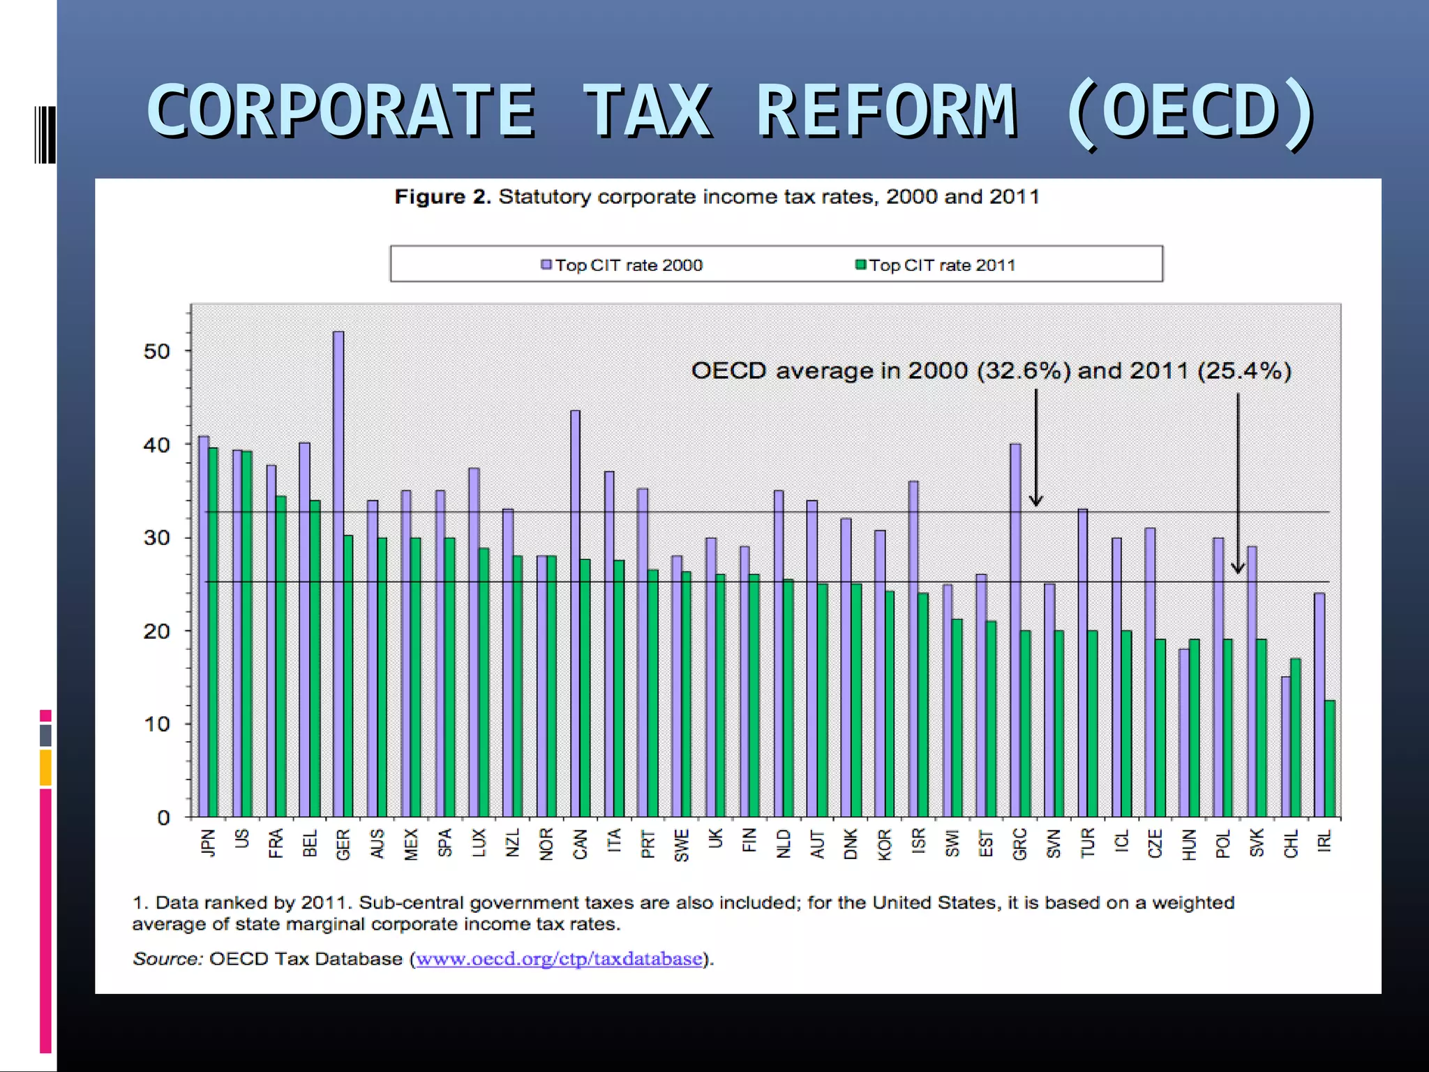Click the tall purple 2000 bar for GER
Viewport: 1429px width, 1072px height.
pyautogui.click(x=338, y=572)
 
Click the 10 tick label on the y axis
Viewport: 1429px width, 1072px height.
pyautogui.click(x=157, y=724)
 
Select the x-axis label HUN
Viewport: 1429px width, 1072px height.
pyautogui.click(x=1190, y=844)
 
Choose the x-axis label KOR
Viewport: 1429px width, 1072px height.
pyautogui.click(x=885, y=844)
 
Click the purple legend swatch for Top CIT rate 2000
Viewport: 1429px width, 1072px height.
pyautogui.click(x=547, y=265)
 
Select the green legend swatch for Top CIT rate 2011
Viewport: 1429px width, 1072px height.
pyautogui.click(x=861, y=265)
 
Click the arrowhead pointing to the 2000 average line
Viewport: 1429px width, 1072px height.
pyautogui.click(x=1036, y=500)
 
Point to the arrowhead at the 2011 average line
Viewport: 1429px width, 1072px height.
pyautogui.click(x=1238, y=568)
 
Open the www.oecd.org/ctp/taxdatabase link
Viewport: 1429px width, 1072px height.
pyautogui.click(x=559, y=959)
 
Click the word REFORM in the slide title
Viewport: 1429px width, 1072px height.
pyautogui.click(x=886, y=112)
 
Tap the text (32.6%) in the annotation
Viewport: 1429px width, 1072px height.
pyautogui.click(x=1024, y=371)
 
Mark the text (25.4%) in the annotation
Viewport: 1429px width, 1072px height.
pyautogui.click(x=1244, y=371)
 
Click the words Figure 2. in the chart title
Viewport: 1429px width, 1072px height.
pyautogui.click(x=442, y=197)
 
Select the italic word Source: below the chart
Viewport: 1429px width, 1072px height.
pyautogui.click(x=167, y=959)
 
